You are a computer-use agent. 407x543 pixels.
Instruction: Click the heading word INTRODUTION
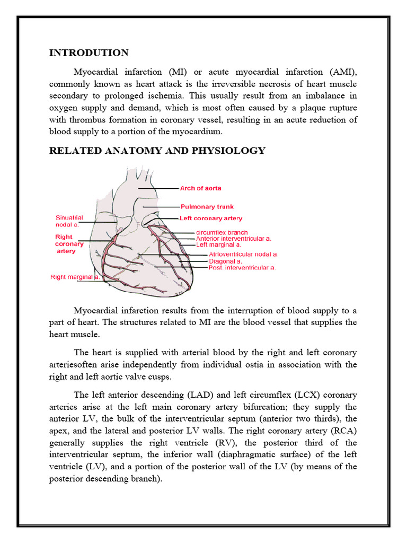coord(89,52)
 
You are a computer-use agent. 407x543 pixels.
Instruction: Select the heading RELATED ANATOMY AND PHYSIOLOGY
coord(157,151)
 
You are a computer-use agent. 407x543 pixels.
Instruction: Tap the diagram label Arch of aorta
coord(201,188)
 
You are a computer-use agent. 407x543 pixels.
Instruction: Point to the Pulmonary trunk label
coord(207,206)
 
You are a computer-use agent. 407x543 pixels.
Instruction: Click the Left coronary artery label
coord(211,218)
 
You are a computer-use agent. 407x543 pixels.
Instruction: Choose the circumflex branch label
coord(222,232)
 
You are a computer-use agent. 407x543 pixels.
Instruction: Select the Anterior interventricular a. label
coord(234,239)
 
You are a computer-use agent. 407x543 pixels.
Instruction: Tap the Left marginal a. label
coord(219,245)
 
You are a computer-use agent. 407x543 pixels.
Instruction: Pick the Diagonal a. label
coord(225,261)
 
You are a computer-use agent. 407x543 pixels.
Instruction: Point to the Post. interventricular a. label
coord(242,268)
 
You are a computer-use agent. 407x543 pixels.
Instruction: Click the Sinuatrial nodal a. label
coord(70,221)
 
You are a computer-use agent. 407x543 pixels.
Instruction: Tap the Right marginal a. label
coord(75,277)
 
